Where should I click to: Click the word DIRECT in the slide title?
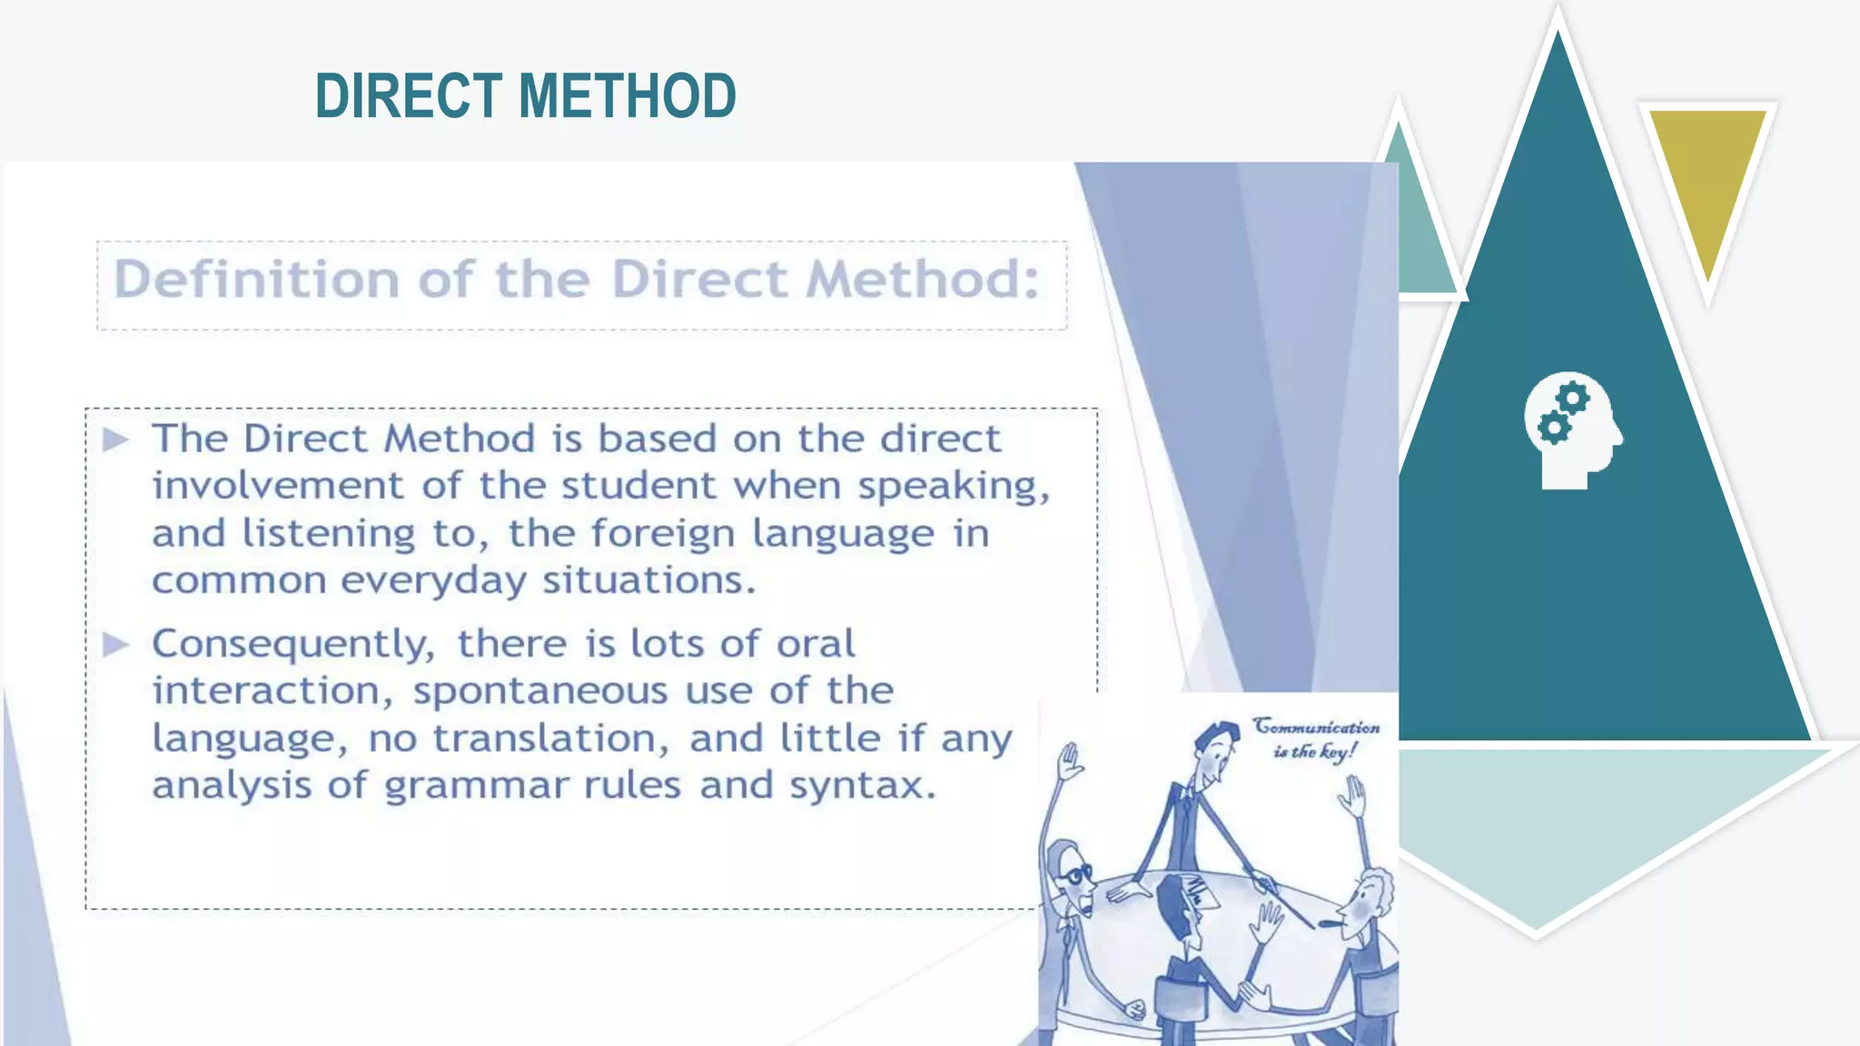[x=408, y=96]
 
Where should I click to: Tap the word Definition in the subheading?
[x=256, y=279]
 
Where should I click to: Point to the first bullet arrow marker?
[x=116, y=440]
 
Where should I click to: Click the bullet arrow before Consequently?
[x=116, y=646]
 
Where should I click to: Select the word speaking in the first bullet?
[x=954, y=487]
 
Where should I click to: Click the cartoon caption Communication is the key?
[x=1316, y=738]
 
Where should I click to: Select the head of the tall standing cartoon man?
[x=1215, y=752]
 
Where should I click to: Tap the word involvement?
[x=277, y=487]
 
